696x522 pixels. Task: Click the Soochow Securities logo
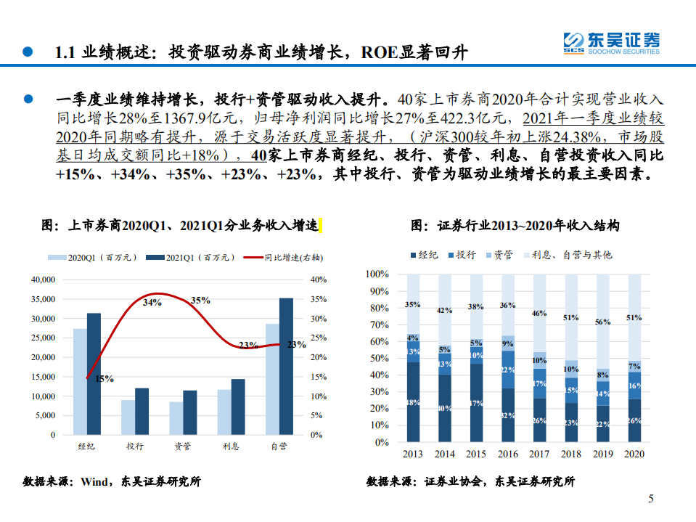coord(611,43)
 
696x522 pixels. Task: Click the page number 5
coord(651,499)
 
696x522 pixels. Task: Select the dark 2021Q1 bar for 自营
coord(287,366)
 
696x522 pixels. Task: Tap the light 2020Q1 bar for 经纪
coord(80,381)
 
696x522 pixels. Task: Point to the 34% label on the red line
coord(152,302)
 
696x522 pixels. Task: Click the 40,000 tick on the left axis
coord(43,280)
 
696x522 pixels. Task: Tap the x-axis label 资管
coord(182,446)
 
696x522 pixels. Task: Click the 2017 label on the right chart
coord(539,454)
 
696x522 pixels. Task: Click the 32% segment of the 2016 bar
coord(508,415)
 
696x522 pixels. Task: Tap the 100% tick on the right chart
coord(378,274)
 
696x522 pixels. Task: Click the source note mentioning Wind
coord(112,481)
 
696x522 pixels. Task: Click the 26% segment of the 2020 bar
coord(634,420)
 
